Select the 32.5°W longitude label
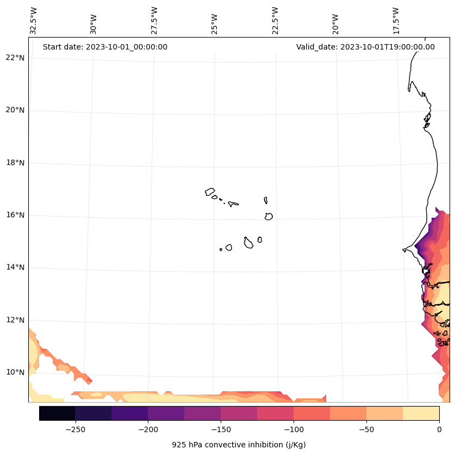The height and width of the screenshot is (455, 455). (x=34, y=21)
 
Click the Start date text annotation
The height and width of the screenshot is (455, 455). (x=105, y=47)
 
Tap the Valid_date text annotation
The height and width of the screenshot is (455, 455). (x=365, y=47)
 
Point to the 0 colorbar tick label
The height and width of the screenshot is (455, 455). (x=439, y=429)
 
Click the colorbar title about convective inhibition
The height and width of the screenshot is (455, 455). (x=239, y=445)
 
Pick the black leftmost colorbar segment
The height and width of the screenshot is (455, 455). (x=57, y=413)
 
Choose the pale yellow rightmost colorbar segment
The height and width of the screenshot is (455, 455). (x=421, y=413)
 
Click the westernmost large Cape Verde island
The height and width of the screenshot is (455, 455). (x=210, y=192)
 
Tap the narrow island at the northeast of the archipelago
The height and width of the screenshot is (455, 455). (x=266, y=200)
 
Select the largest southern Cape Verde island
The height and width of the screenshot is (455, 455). (x=248, y=243)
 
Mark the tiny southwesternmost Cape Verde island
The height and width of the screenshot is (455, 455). (x=221, y=249)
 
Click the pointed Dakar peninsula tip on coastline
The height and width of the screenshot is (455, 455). (x=404, y=250)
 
